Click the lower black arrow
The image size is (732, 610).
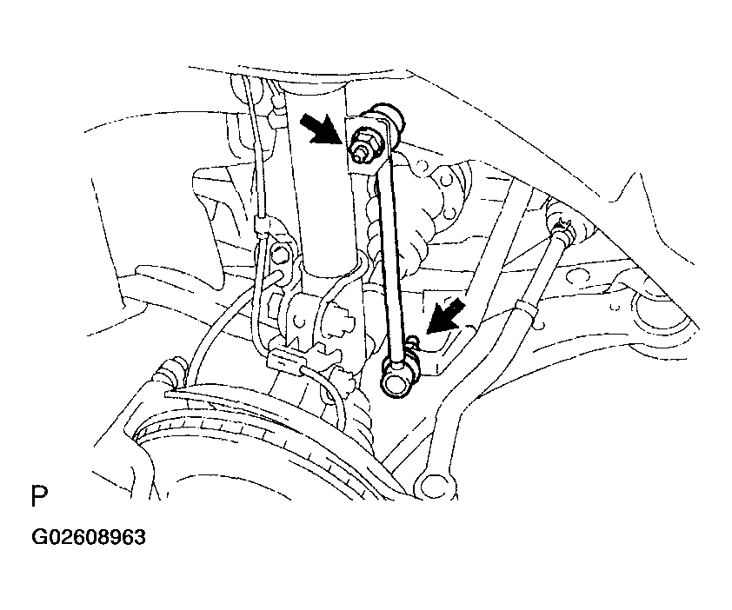tap(445, 317)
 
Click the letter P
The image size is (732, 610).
tap(39, 496)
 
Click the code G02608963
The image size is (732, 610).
tap(89, 537)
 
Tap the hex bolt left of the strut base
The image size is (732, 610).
tap(279, 255)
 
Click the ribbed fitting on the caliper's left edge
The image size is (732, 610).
tap(171, 370)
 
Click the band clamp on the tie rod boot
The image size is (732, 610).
tap(524, 307)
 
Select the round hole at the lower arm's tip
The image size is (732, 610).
tap(432, 486)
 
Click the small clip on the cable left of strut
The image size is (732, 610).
tap(262, 226)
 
